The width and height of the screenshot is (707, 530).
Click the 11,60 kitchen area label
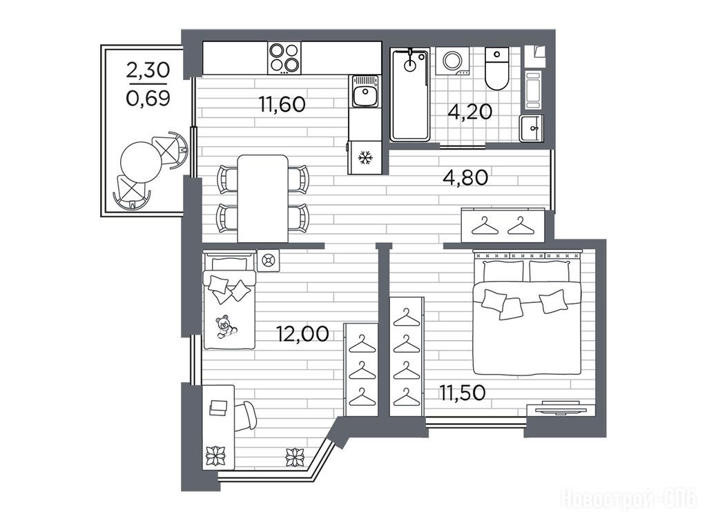coord(282,105)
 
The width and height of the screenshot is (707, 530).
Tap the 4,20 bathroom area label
coord(469,112)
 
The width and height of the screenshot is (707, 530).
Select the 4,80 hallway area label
coord(465,177)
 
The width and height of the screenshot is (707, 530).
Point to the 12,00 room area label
coord(302,334)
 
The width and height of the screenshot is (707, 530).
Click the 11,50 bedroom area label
coord(463,393)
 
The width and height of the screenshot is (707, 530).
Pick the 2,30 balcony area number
coord(148,70)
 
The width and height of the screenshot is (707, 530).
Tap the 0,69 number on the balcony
coord(148,98)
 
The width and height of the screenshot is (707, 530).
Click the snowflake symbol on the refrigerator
coord(365,158)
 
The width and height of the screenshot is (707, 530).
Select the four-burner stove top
coord(284,58)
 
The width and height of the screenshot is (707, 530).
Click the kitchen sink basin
coord(365,95)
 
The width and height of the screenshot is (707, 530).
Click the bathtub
coord(410,95)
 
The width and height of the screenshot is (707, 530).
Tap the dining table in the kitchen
coord(263,199)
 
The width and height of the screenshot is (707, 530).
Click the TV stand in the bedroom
coord(558,408)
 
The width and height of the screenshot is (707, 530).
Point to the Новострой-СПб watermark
coord(628,500)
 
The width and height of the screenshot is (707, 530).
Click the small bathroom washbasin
coord(532,128)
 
